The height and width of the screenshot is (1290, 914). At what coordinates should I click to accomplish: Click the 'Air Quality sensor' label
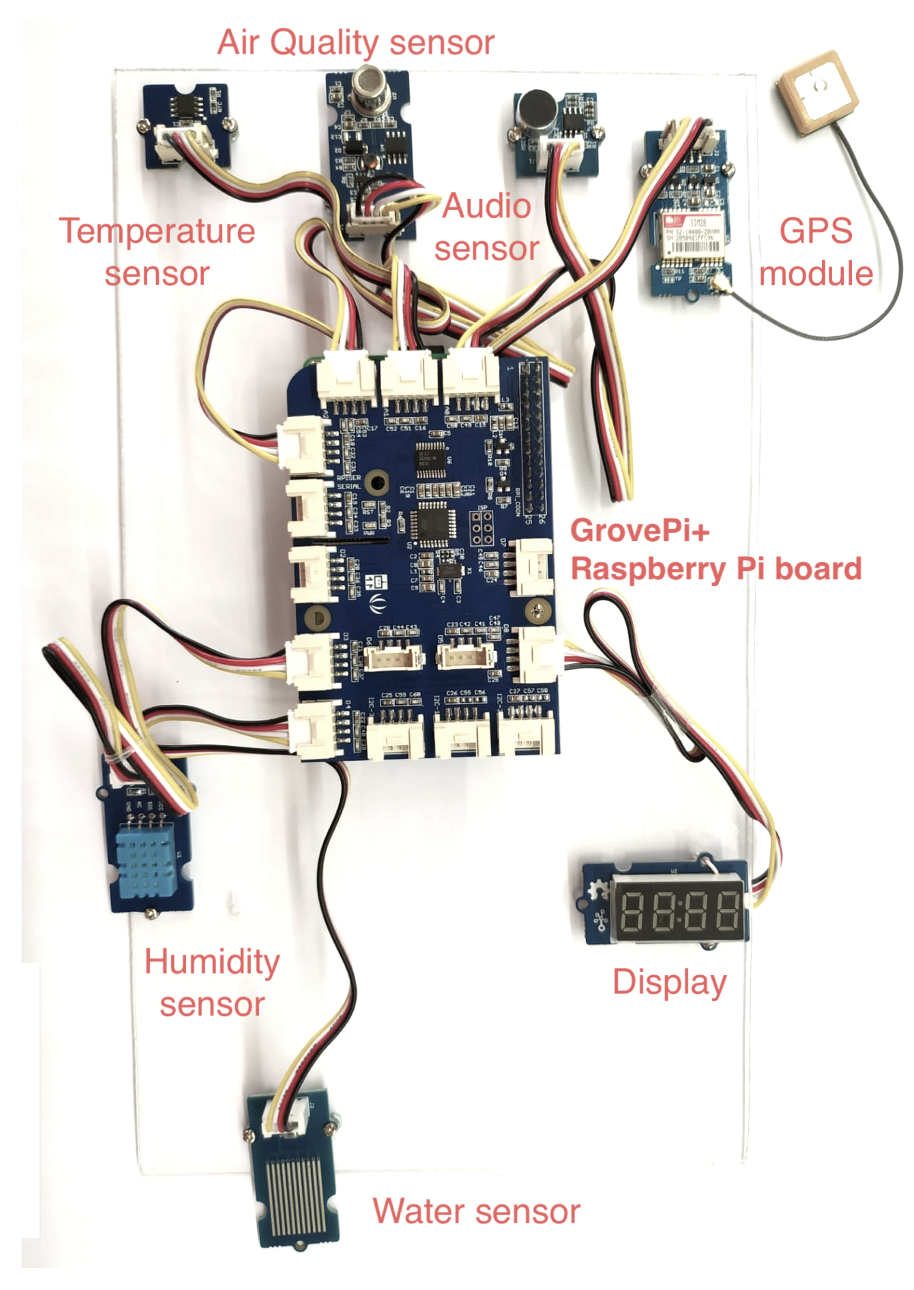[356, 42]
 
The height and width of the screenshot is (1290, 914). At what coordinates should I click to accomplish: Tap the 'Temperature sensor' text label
[157, 252]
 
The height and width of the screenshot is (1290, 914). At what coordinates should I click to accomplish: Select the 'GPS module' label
[815, 252]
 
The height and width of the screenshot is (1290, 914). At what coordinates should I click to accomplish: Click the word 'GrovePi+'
[640, 530]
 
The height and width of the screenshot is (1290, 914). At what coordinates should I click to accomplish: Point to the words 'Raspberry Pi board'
[716, 568]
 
